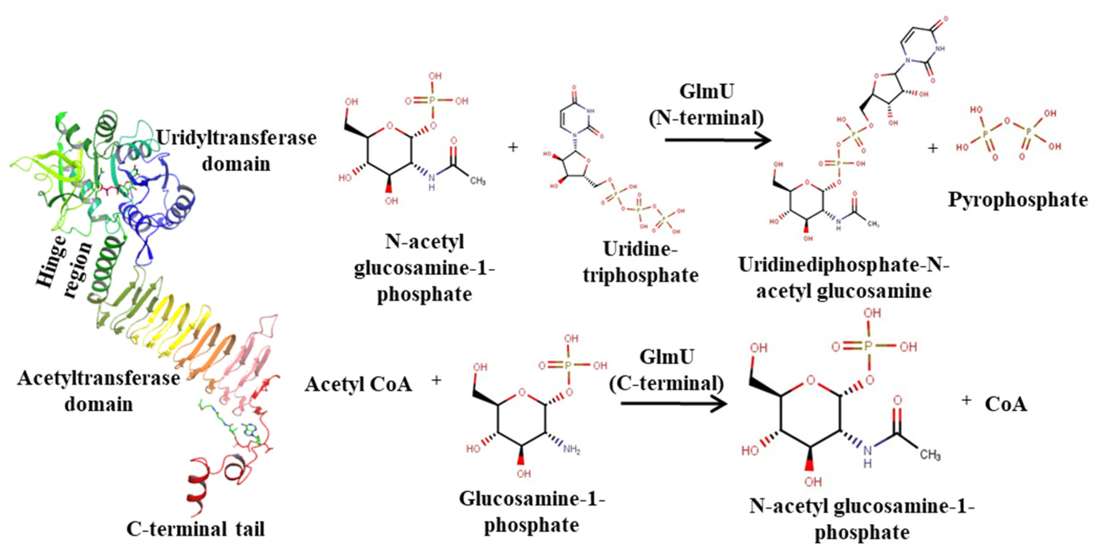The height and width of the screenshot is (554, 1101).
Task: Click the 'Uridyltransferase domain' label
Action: (x=236, y=150)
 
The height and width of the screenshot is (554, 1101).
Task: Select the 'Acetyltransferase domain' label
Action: (x=98, y=391)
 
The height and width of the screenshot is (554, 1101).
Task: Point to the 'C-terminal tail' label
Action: (x=195, y=529)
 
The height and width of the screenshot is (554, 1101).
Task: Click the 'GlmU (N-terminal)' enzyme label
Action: (x=706, y=105)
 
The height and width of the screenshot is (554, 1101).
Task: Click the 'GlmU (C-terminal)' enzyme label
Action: (x=666, y=370)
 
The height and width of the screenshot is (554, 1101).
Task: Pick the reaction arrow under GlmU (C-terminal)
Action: (x=673, y=404)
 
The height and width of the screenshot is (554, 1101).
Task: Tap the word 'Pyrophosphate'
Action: (x=1018, y=200)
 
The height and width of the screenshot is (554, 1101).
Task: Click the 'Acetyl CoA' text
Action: (x=358, y=384)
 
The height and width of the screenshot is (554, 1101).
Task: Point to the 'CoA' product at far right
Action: (x=1006, y=404)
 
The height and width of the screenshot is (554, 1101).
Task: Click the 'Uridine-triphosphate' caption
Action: (x=640, y=262)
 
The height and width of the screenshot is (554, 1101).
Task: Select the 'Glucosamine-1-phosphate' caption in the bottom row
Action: (x=532, y=512)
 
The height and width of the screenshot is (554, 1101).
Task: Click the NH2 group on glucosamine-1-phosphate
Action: (x=571, y=449)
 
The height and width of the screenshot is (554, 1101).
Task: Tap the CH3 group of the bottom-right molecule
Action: (x=930, y=455)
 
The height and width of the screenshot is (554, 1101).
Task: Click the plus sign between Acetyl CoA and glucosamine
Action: (x=436, y=380)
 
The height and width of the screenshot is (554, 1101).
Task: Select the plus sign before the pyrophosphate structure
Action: (x=933, y=148)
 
